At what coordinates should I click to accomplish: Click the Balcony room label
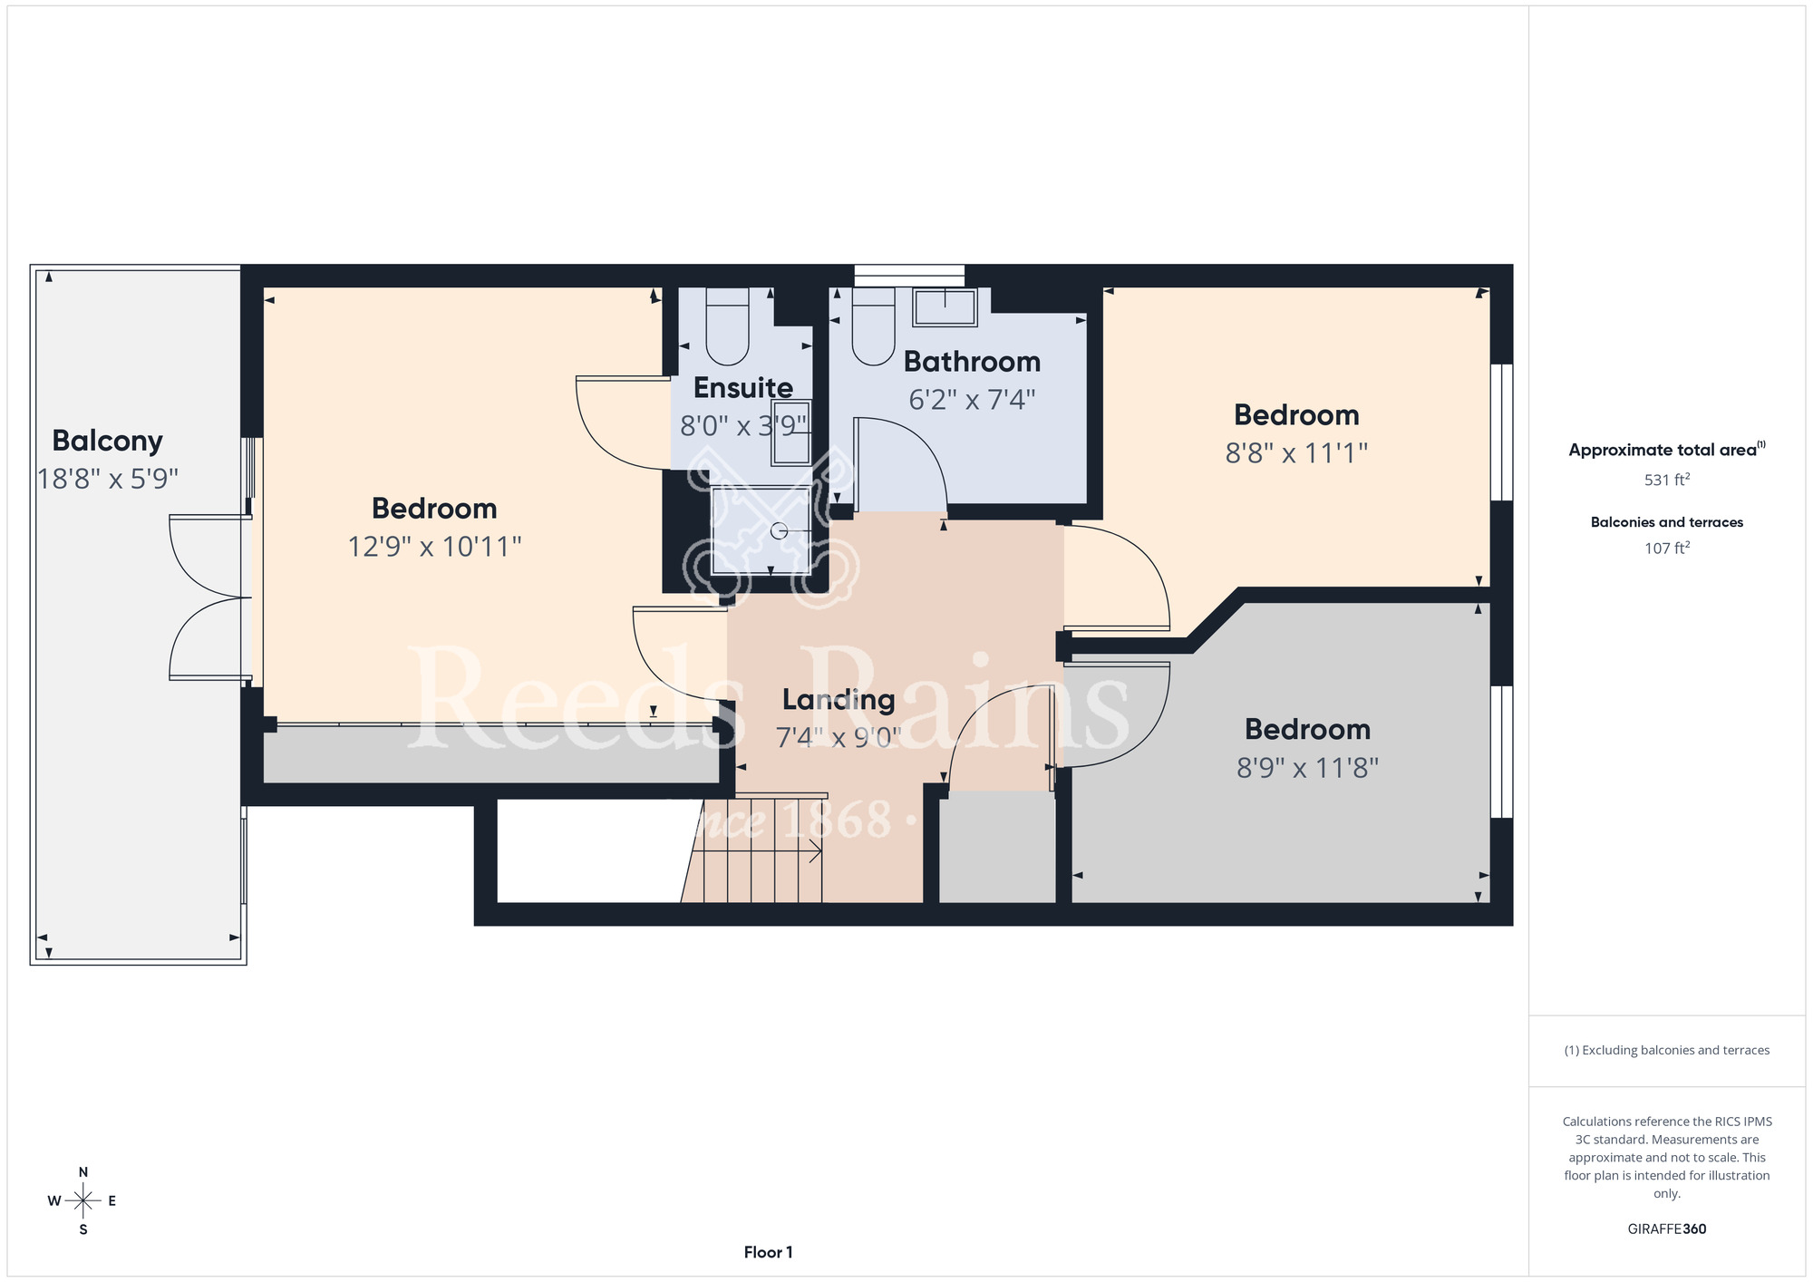tap(107, 442)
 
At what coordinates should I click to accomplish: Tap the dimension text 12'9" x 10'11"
tap(435, 547)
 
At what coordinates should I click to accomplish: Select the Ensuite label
tap(743, 388)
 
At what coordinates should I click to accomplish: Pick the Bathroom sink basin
tap(945, 307)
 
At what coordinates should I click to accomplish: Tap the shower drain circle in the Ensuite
tap(779, 531)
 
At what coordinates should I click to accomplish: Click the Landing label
tap(839, 700)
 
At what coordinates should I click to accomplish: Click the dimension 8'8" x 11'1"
tap(1296, 452)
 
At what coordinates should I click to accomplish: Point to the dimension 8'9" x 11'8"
tap(1307, 769)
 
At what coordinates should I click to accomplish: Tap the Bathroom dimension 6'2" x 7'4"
tap(972, 400)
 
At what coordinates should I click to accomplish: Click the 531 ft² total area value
tap(1666, 480)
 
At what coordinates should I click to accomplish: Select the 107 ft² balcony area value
tap(1666, 548)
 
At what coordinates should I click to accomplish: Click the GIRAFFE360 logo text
tap(1666, 1229)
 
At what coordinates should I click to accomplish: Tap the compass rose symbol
tap(82, 1201)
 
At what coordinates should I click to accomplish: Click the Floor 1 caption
tap(768, 1252)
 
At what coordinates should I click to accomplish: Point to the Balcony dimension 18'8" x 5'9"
tap(108, 479)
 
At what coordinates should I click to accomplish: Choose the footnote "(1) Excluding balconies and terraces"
tap(1666, 1050)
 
